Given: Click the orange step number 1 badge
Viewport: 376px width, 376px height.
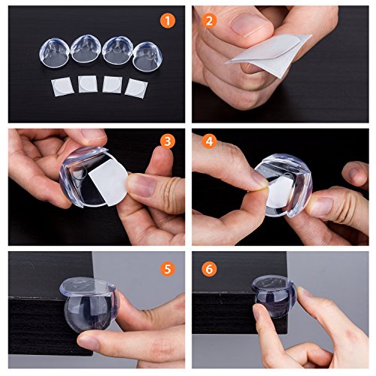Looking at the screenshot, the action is coord(168,20).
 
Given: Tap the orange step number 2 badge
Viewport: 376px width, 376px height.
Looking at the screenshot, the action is coord(209,20).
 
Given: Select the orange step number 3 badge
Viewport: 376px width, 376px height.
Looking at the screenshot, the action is coord(168,141).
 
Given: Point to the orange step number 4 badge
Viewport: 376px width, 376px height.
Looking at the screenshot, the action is coord(209,141).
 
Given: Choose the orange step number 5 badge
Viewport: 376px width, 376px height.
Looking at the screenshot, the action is coord(168,269).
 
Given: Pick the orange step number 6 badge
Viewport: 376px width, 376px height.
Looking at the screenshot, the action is coord(209,269).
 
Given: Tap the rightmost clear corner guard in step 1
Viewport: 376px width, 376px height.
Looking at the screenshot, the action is coord(147,56).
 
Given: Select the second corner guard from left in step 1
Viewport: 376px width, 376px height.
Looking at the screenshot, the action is coord(86,49).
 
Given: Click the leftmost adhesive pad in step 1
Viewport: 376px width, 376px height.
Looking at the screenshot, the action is coord(62,86).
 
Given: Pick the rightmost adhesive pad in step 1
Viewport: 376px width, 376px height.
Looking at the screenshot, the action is coord(136,88).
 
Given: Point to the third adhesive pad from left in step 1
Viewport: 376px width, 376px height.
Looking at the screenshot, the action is coord(112,84).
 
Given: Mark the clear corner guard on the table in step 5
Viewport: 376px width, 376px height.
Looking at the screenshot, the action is coord(89,303).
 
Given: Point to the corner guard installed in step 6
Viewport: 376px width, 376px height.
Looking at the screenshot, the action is coord(275,296).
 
